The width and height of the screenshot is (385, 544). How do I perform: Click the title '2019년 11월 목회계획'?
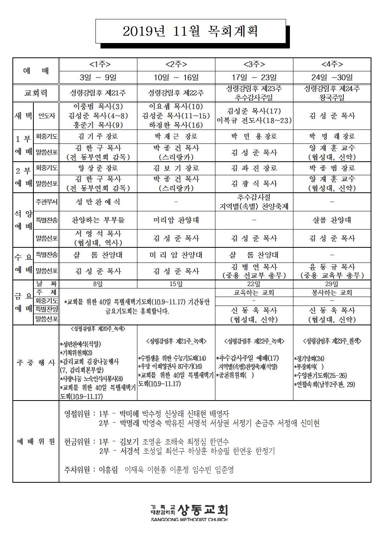190,31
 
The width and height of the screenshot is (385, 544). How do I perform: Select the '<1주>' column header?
98,64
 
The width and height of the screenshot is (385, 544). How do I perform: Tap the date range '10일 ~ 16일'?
176,78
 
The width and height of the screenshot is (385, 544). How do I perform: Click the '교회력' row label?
36,93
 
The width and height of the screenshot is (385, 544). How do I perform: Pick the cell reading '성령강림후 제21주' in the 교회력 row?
98,93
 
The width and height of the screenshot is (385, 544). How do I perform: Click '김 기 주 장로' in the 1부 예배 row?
98,136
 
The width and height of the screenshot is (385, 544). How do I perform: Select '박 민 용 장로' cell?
254,136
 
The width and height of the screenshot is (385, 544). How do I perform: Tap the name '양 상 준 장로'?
98,168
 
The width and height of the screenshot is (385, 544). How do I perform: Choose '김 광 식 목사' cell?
254,183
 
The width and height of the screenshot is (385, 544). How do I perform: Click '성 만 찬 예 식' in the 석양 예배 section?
98,202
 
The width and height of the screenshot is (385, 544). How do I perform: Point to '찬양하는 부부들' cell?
98,220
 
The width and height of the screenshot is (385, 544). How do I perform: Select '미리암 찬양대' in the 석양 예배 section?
176,220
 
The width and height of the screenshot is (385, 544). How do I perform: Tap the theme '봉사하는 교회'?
332,292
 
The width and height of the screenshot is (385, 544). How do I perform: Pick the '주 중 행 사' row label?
36,363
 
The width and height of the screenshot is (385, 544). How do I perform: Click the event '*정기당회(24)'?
310,358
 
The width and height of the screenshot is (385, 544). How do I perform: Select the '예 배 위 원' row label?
36,442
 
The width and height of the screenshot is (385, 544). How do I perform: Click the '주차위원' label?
78,470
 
